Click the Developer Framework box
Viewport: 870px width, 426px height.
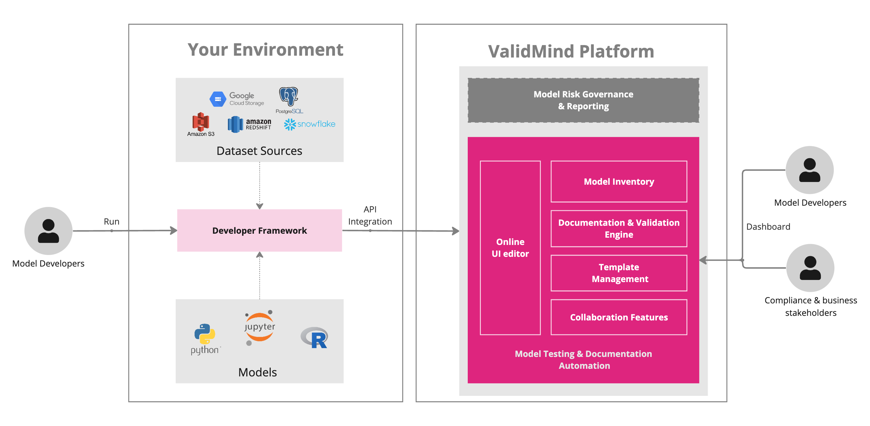(259, 231)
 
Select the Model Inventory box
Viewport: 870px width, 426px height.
(619, 182)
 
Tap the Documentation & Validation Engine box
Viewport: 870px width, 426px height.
(619, 229)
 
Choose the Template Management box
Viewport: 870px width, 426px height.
(619, 273)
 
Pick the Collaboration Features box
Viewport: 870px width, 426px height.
(619, 317)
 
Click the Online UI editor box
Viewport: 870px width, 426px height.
(510, 247)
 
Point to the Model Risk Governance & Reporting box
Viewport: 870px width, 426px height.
(583, 100)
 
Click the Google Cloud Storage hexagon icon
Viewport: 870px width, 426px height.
(218, 99)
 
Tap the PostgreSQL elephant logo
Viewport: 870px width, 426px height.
(288, 96)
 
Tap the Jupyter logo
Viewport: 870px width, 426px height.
(259, 327)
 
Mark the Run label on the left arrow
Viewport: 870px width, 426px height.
(111, 222)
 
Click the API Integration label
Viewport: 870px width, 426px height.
(370, 215)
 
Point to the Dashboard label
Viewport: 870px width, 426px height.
(768, 226)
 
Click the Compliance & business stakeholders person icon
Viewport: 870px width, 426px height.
(810, 268)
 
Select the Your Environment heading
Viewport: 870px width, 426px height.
(266, 50)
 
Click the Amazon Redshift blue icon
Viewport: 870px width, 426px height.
(235, 124)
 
